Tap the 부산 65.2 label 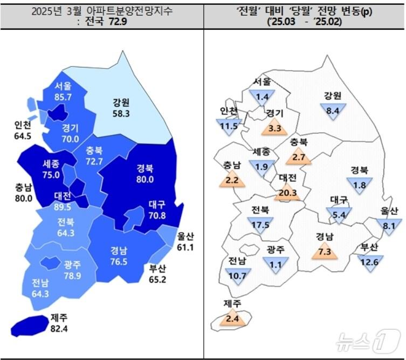point(157,274)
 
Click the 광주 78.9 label point(72,270)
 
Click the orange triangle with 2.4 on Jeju point(233,317)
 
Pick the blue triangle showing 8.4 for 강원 point(333,112)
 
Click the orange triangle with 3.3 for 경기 point(274,127)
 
